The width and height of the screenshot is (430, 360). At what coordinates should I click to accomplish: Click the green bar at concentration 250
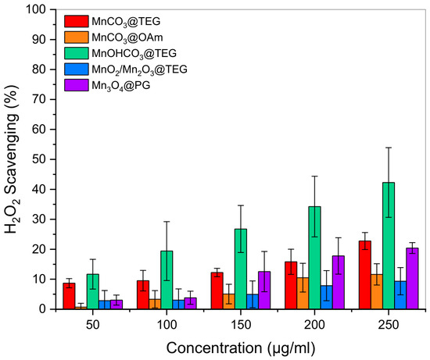pos(389,246)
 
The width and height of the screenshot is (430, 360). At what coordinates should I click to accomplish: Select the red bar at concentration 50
pos(69,296)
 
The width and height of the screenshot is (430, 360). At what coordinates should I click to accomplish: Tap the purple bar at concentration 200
pos(338,283)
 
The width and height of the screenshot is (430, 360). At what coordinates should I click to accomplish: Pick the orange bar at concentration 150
pos(229,301)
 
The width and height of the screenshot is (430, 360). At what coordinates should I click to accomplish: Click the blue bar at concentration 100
pos(178,305)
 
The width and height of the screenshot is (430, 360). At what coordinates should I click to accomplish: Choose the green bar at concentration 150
pos(241,269)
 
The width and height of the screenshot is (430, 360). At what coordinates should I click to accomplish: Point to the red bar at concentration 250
pos(365,275)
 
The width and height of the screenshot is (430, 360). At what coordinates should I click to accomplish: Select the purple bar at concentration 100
pos(190,304)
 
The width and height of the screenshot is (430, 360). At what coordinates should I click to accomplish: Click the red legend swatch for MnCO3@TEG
pos(77,21)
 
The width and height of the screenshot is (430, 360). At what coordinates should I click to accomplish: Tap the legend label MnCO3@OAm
pos(127,37)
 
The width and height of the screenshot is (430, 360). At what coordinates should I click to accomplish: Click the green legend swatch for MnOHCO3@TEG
pos(77,53)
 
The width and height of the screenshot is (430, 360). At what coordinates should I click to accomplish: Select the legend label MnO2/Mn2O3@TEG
pos(139,70)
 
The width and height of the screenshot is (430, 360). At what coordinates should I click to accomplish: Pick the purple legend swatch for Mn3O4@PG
pos(77,85)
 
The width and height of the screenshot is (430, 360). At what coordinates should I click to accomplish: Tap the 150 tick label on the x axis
pos(241,325)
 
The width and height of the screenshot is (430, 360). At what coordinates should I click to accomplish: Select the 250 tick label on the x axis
pos(388,325)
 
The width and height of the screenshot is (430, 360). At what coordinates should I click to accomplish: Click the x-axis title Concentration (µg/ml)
pos(241,348)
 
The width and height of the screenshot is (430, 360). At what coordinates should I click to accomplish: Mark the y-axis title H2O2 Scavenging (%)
pos(12,159)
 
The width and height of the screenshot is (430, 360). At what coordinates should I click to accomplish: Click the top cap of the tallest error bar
pos(389,148)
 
